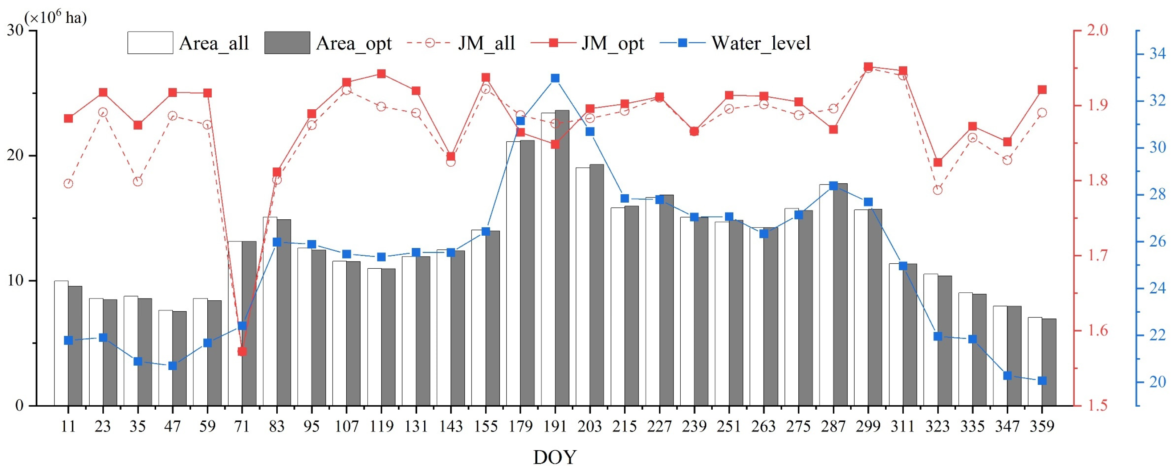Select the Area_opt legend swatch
coord(287,43)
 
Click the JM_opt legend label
coord(612,43)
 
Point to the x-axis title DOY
coord(555,457)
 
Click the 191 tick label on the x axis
coord(555,426)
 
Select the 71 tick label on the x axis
coord(242,426)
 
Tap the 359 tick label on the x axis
coord(1042,426)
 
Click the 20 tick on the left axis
coord(15,155)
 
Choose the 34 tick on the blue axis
coord(1157,54)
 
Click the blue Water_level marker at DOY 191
coord(555,78)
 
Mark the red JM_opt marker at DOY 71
coord(242,352)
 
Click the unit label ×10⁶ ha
coord(56,17)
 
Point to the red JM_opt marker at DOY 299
coord(868,67)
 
